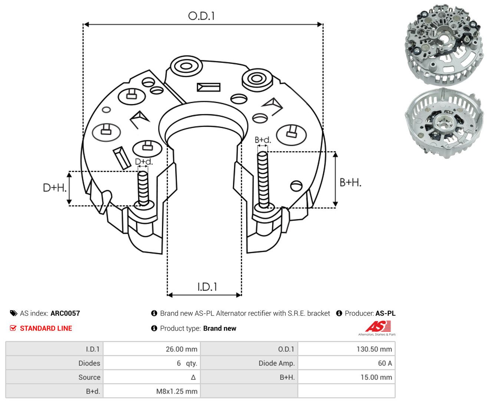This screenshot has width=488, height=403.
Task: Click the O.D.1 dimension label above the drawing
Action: (201, 16)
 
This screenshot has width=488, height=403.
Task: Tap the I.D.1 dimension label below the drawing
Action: (207, 287)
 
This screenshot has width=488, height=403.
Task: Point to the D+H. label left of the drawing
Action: (55, 188)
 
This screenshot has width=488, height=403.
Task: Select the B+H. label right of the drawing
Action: (350, 183)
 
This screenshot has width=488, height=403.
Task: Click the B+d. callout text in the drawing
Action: (263, 140)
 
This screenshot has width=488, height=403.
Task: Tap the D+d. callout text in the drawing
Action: (144, 161)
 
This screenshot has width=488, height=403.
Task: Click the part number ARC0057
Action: (65, 313)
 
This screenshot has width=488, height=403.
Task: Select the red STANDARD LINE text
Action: (46, 328)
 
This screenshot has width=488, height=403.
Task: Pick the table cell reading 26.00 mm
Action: (152, 349)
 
